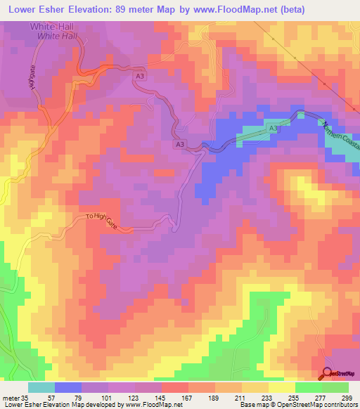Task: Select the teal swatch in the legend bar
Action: [x=41, y=387]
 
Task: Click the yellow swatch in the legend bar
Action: [x=281, y=387]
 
